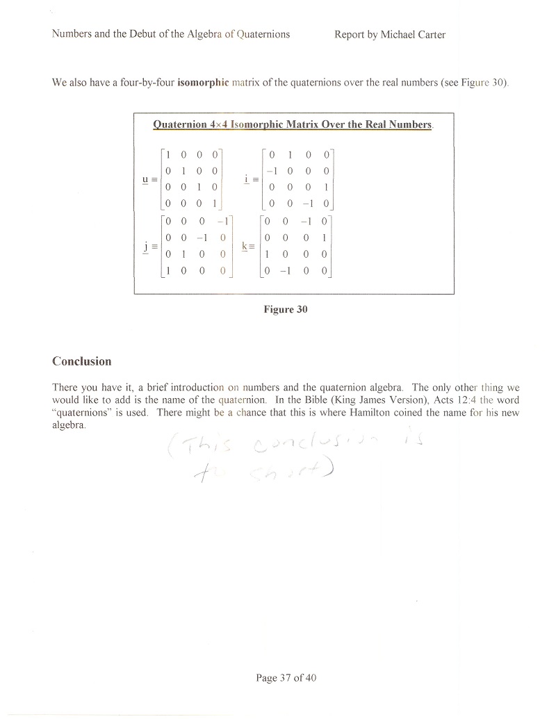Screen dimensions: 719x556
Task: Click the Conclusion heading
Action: (x=81, y=361)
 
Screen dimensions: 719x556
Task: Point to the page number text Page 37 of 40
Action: (x=286, y=678)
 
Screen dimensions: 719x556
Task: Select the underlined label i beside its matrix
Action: (x=247, y=179)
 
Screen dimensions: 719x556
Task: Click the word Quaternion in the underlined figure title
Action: (x=177, y=125)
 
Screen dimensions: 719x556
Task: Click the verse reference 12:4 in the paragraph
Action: (x=459, y=400)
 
